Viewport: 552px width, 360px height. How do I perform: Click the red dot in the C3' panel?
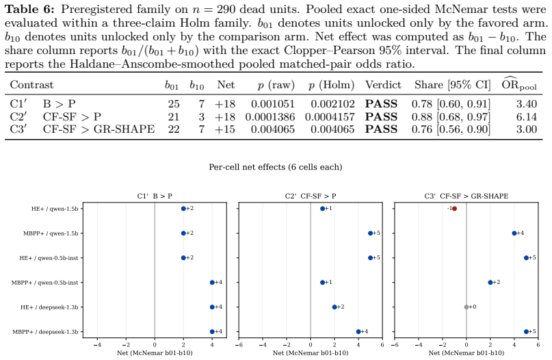tap(454, 209)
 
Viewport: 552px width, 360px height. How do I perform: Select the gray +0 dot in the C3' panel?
tap(466, 307)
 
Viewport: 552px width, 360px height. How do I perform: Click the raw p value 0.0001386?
tap(270, 116)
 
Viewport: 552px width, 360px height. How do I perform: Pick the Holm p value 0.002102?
tap(332, 104)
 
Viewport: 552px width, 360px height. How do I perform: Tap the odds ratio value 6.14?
tap(526, 116)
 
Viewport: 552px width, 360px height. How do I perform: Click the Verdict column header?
tap(383, 85)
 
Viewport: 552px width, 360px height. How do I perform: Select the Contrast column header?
tap(31, 85)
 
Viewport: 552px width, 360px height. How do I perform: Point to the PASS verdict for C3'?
tap(381, 129)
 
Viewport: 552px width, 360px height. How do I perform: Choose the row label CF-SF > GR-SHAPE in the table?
tap(98, 129)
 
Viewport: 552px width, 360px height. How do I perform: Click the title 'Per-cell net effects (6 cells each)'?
tap(275, 167)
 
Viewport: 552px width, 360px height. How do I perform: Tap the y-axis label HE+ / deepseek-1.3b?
tap(49, 307)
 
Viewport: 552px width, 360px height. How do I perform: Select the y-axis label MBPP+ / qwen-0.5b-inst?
tap(44, 283)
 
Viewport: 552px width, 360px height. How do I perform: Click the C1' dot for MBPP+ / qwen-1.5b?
tap(183, 233)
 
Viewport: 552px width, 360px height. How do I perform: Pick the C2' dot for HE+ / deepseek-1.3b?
tap(334, 307)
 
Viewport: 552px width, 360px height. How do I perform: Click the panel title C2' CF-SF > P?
tap(310, 196)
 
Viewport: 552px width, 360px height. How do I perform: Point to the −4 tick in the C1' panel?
tap(97, 345)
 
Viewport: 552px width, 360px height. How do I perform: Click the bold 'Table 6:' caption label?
tap(30, 9)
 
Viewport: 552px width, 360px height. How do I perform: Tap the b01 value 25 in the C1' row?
tap(174, 104)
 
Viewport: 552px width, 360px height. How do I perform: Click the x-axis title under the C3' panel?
tap(466, 352)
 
